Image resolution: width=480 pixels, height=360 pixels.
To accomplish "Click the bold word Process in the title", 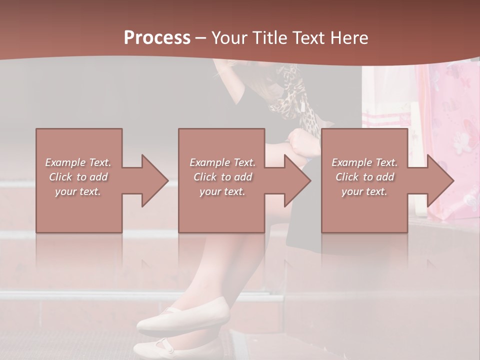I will tap(157, 38).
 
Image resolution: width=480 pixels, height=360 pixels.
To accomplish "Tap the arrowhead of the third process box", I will tap(440, 180).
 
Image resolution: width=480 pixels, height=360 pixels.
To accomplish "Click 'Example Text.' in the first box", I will tap(78, 162).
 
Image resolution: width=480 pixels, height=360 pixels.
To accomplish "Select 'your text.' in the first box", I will tap(78, 191).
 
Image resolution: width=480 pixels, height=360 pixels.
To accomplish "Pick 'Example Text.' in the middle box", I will tap(222, 162).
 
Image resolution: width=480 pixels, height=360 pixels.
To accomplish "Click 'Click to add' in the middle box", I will tap(222, 177).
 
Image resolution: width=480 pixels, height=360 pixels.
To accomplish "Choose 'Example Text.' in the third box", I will tap(364, 162).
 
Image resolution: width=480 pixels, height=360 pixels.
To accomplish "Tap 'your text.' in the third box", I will tap(364, 191).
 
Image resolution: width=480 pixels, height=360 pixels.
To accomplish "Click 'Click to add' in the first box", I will tap(78, 177).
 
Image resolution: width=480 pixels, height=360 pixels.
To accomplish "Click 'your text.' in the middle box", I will tap(222, 191).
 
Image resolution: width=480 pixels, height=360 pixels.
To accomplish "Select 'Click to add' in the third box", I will tap(364, 177).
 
